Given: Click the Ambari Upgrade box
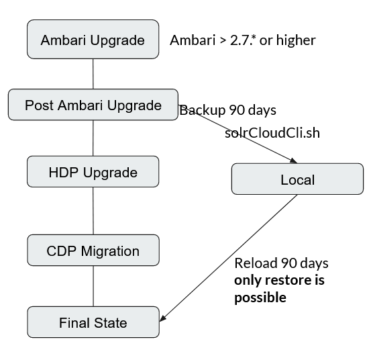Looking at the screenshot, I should point(93,40).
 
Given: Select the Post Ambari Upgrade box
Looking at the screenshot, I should point(93,105).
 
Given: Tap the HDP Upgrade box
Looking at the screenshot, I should point(93,172).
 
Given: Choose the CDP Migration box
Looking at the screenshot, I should point(93,251).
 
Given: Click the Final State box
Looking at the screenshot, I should point(93,322).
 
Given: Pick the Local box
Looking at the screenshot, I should point(297,179).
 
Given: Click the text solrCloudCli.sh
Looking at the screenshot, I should point(272,133).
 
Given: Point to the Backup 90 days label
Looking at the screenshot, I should point(227,110).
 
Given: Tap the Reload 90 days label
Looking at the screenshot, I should point(281,263).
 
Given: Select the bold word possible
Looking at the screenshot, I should point(260,297).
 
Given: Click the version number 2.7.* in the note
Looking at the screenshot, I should point(240,40).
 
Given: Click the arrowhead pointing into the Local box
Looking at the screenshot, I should point(293,161).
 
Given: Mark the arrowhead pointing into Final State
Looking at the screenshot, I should point(165,316).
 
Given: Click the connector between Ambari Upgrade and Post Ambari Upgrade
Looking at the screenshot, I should point(93,74).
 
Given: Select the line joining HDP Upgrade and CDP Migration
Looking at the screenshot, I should point(93,211).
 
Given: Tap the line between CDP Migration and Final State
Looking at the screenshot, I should point(93,285).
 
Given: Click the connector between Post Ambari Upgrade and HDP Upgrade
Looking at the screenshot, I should point(93,138).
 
